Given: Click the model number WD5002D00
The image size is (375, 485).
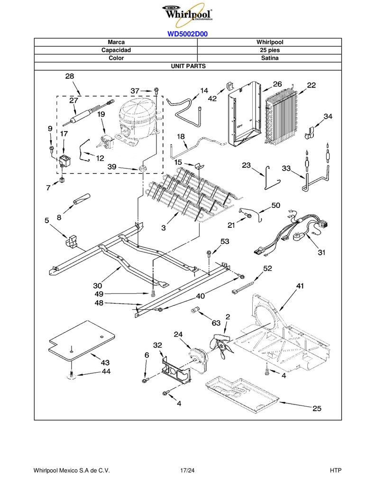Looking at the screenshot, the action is tap(188, 34).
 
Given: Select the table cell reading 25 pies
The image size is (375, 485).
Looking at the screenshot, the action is tap(269, 50).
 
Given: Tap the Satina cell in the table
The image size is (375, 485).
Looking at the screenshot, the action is tap(269, 58).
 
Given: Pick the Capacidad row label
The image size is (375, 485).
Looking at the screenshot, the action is tap(116, 50).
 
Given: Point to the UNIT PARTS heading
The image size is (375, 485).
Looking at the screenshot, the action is tap(188, 66).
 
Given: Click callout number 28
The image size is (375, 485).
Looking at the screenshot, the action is tap(70, 76).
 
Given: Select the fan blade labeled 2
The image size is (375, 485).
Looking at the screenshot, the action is tap(222, 345).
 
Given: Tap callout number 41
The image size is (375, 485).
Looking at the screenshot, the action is tap(300, 286).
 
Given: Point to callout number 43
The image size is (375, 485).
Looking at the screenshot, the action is tap(105, 362).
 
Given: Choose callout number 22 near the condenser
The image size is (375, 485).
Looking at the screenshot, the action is tap(311, 85).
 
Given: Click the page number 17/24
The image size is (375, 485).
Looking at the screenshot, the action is tap(187, 470).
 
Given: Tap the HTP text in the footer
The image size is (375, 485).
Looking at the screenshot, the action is tap(335, 470).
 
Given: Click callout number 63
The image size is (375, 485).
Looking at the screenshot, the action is tap(216, 323).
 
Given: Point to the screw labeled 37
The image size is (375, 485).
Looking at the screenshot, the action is tap(156, 90).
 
